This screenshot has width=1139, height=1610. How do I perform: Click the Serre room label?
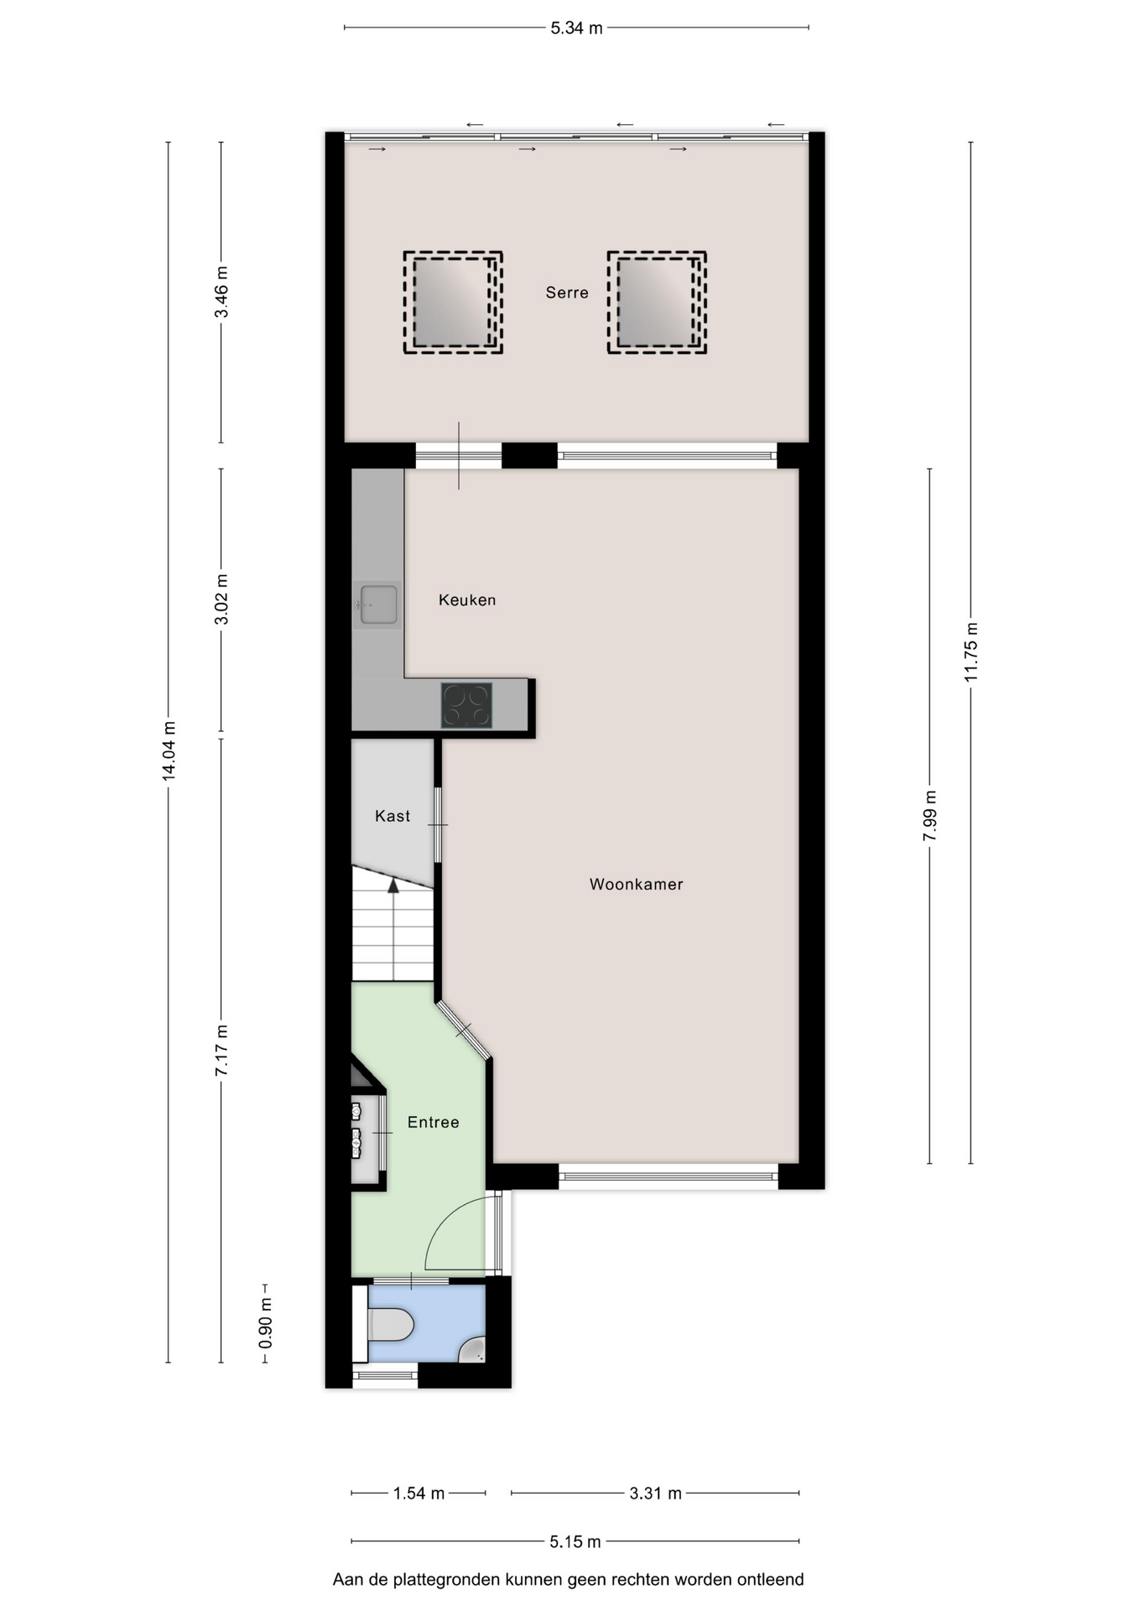[567, 293]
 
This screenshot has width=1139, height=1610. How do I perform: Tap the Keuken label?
[467, 600]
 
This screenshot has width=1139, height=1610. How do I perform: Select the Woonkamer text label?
[637, 885]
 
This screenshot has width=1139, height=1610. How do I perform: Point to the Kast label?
[393, 816]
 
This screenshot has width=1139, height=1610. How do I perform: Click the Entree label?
[434, 1123]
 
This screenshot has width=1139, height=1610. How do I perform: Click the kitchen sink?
[378, 605]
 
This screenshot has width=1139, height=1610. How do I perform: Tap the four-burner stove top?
[467, 705]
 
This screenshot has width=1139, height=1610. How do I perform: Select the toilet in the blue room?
[391, 1326]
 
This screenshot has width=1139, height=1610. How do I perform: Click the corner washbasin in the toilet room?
[474, 1349]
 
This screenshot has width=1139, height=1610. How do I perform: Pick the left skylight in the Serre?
[453, 303]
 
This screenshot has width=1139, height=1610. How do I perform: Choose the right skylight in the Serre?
[657, 303]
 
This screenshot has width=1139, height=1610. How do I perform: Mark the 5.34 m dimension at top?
[576, 29]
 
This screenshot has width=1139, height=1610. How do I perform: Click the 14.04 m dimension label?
[169, 751]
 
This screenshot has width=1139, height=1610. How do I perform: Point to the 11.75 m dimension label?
[971, 652]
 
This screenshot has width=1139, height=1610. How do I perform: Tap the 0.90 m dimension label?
[265, 1322]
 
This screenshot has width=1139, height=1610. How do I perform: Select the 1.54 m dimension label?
[419, 1493]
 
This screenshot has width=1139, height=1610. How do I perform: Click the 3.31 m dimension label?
[656, 1493]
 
